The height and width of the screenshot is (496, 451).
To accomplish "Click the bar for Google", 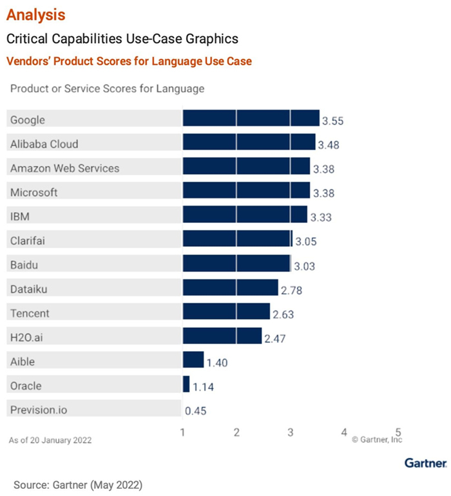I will (x=251, y=119).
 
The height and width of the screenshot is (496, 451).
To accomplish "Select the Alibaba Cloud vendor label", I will (x=44, y=144).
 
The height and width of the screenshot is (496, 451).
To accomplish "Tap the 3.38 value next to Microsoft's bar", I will (x=327, y=193).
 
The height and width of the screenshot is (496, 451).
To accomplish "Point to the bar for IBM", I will (x=245, y=215).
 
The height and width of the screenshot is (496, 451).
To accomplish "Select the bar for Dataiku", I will (x=230, y=288).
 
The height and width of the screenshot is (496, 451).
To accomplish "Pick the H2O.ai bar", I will (x=222, y=336).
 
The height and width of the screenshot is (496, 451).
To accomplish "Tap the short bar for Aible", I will (x=193, y=360).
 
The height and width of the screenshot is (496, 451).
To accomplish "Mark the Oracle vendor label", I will (x=26, y=386).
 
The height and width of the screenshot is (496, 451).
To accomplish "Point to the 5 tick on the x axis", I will (x=398, y=432).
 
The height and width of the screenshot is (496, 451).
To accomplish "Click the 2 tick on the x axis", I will (x=237, y=432).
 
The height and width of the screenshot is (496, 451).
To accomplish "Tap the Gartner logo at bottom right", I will (x=425, y=463).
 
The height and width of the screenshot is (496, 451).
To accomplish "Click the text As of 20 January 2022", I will (x=50, y=441).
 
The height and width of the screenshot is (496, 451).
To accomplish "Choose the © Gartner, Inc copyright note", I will (x=376, y=441).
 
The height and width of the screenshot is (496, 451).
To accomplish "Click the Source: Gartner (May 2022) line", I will (x=77, y=483).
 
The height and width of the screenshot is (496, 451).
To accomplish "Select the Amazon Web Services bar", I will (x=246, y=167).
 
